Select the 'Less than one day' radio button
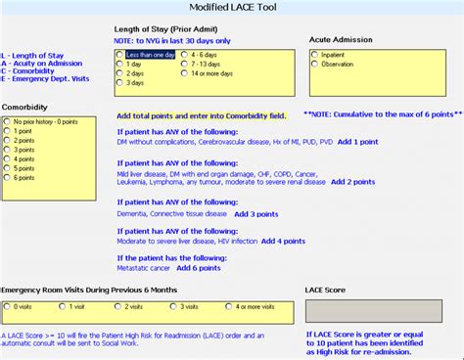pyautogui.click(x=120, y=56)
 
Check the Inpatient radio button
pyautogui.click(x=315, y=56)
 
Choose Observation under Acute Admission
pyautogui.click(x=315, y=65)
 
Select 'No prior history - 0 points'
pyautogui.click(x=9, y=122)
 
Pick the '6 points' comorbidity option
pyautogui.click(x=9, y=179)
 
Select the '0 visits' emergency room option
pyautogui.click(x=9, y=306)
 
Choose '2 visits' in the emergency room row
pyautogui.click(x=119, y=306)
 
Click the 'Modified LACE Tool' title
pyautogui.click(x=233, y=9)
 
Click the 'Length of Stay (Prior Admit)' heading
pyautogui.click(x=162, y=28)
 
